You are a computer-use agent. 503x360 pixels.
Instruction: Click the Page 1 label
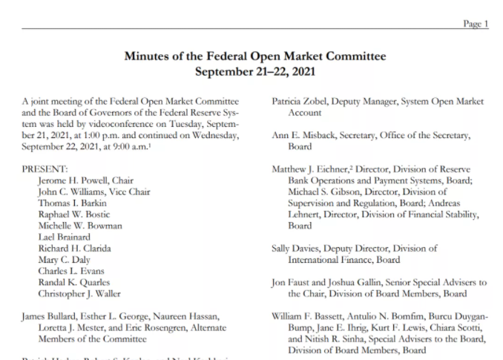point(476,24)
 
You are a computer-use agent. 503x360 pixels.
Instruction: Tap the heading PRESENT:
point(45,169)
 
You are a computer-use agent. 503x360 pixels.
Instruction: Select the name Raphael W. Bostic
point(75,215)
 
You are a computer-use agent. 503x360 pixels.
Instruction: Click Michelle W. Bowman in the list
point(80,226)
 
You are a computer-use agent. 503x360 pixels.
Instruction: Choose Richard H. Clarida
point(76,249)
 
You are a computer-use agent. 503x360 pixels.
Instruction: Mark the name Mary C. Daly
point(65,260)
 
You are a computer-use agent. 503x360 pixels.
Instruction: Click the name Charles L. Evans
point(72,271)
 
